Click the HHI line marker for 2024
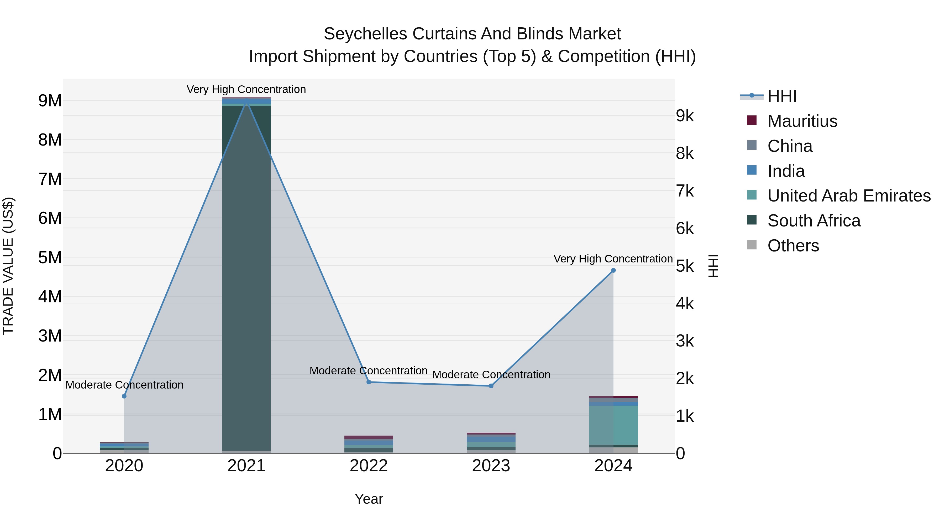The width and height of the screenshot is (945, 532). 613,271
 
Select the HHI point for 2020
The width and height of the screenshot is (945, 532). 124,396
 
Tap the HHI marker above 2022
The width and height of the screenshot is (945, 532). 369,382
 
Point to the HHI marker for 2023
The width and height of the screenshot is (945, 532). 491,386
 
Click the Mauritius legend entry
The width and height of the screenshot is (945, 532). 802,121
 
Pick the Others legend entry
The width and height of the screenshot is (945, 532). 793,246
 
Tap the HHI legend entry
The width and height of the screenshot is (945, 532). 781,96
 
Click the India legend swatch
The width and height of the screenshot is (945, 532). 752,170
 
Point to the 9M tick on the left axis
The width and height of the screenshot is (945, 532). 50,101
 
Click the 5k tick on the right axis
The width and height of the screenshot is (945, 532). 685,266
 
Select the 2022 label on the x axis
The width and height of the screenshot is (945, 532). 369,466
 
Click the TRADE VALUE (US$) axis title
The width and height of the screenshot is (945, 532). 8,266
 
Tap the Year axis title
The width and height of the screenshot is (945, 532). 369,499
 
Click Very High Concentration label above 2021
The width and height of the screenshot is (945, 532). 246,89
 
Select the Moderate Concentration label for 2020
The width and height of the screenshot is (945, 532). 124,385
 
